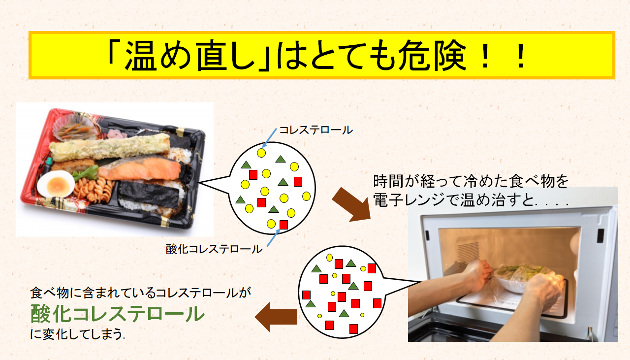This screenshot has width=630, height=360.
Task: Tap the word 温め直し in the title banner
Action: pos(192,55)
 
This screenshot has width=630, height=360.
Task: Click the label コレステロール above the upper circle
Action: pos(316,130)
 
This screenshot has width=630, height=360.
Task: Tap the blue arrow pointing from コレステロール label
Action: pos(270,137)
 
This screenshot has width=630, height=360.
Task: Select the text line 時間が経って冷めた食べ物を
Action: pos(471,181)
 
